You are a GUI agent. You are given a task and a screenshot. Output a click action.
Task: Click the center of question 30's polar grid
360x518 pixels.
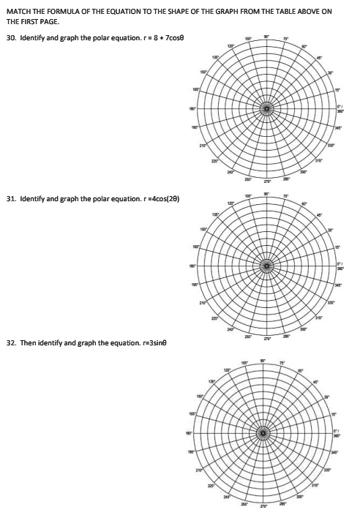pos(267,109)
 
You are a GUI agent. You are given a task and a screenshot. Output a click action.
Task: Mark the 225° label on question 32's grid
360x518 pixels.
pos(212,485)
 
